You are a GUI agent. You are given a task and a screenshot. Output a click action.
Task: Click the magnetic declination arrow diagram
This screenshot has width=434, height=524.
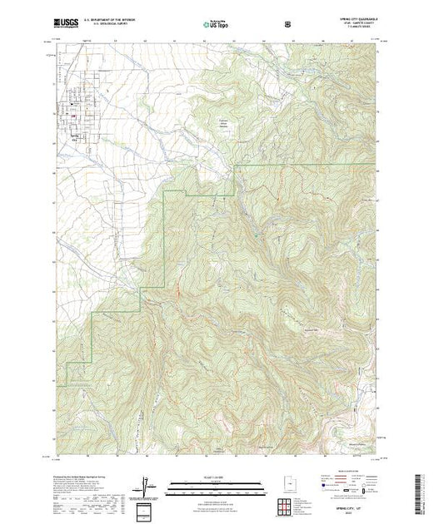point(147,485)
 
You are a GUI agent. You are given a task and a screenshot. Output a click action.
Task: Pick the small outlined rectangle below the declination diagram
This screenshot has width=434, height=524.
point(147,508)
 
